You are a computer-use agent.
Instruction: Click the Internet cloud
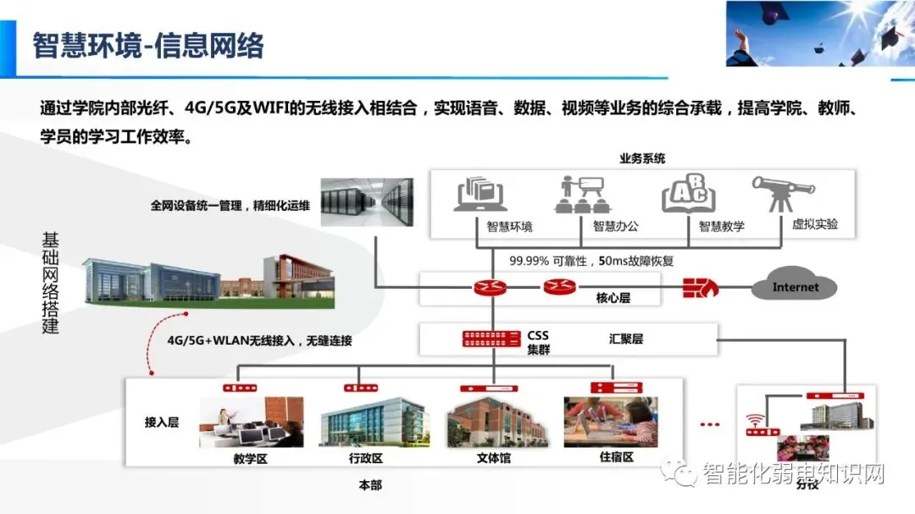pyautogui.click(x=794, y=287)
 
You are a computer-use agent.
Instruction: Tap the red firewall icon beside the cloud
pyautogui.click(x=700, y=287)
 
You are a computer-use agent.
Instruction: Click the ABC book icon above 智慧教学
pyautogui.click(x=688, y=195)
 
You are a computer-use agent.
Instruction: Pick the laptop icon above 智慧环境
pyautogui.click(x=480, y=195)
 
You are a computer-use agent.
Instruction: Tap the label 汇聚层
pyautogui.click(x=625, y=339)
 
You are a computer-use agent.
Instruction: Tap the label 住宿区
pyautogui.click(x=610, y=458)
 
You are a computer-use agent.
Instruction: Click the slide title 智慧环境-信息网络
pyautogui.click(x=148, y=45)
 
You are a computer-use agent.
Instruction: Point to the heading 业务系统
pyautogui.click(x=642, y=158)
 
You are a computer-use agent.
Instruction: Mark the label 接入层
pyautogui.click(x=162, y=422)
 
